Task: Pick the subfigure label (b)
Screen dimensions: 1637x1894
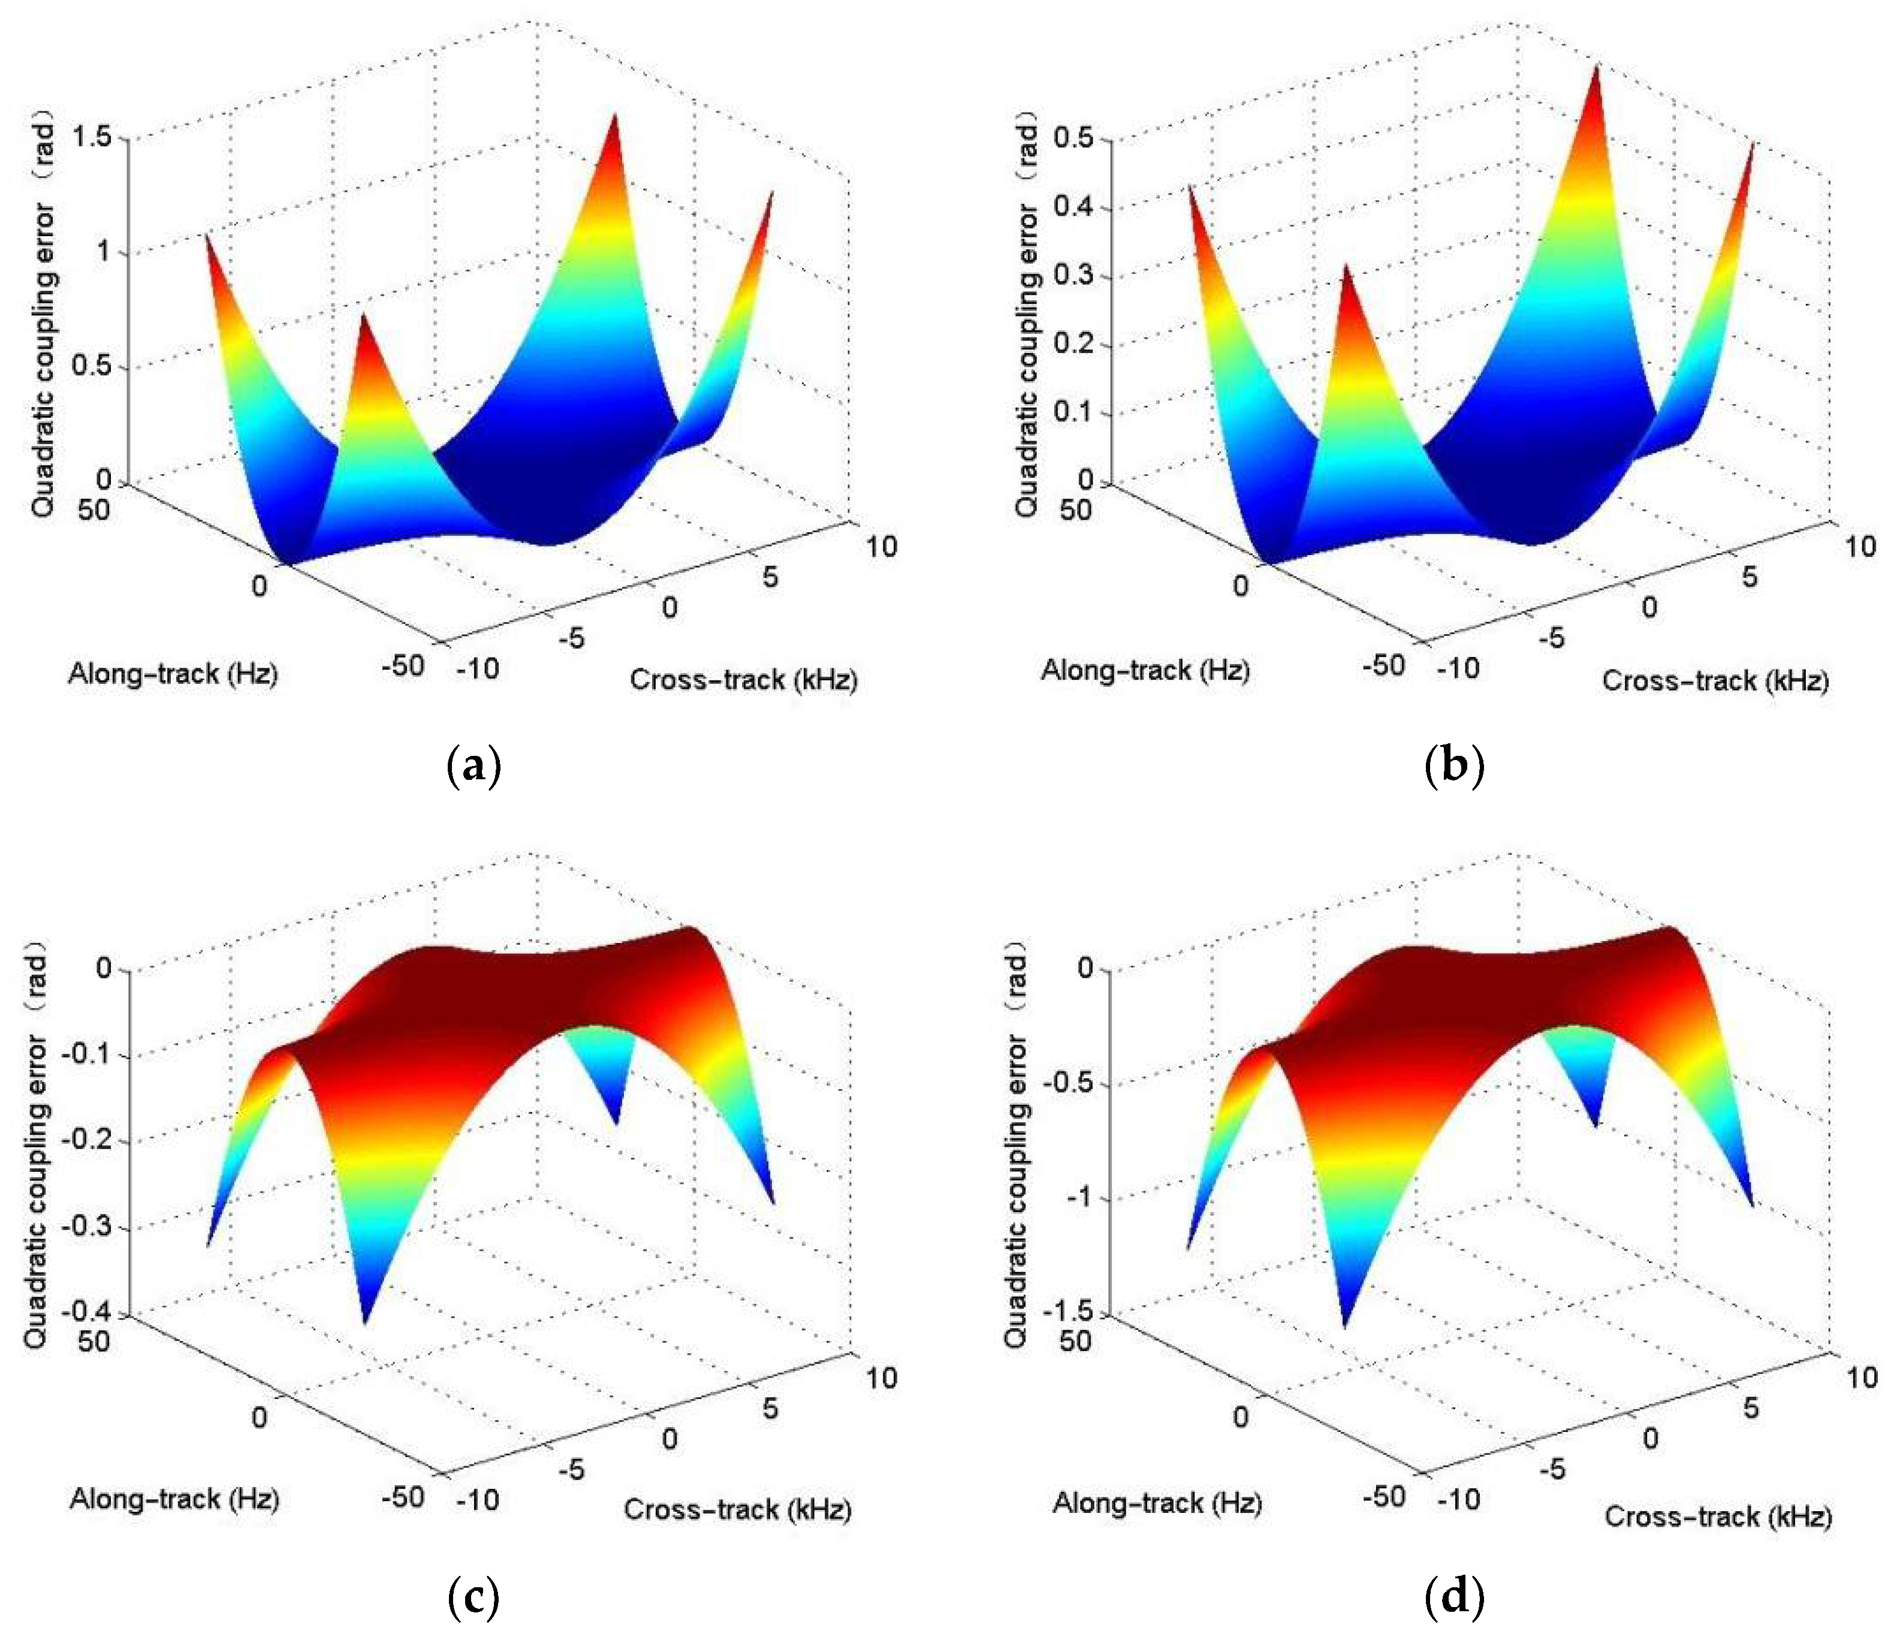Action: tap(1454, 766)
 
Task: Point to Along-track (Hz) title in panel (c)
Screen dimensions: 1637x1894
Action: tap(174, 1499)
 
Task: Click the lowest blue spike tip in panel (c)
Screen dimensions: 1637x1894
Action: tap(365, 1322)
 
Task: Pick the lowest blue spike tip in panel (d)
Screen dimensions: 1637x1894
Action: tap(1344, 1327)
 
